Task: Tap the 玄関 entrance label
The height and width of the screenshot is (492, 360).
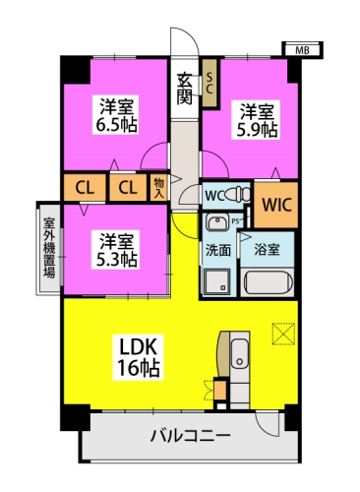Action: [184, 86]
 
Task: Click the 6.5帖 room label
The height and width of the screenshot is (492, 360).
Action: [115, 114]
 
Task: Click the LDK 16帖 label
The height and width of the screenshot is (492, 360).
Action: [138, 356]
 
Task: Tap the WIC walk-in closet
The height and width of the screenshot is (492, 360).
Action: [275, 205]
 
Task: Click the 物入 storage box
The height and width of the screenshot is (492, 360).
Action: [159, 186]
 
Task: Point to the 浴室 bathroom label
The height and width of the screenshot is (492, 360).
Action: [267, 250]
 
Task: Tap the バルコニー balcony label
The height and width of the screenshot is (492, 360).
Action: [191, 436]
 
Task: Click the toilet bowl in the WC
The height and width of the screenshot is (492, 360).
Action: [219, 219]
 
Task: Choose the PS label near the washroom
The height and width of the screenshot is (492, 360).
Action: [236, 221]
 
